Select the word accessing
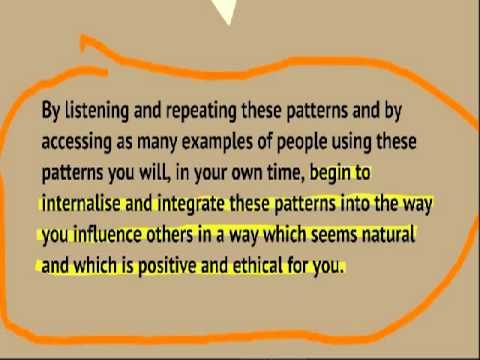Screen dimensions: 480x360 pyautogui.click(x=76, y=142)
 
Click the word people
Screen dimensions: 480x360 pyautogui.click(x=302, y=142)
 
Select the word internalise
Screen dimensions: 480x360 pyautogui.click(x=81, y=203)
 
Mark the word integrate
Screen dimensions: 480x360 pyautogui.click(x=191, y=204)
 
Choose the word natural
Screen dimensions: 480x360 pyautogui.click(x=388, y=234)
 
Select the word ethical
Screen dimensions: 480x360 pyautogui.click(x=258, y=265)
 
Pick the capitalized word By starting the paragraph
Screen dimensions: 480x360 pyautogui.click(x=51, y=111)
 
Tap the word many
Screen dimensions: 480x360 pyautogui.click(x=157, y=143)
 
